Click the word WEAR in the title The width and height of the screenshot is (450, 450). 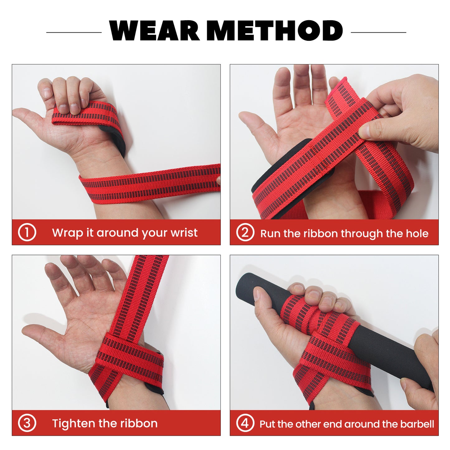154,31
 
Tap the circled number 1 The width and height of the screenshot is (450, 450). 27,232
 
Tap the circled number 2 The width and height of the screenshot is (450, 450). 245,232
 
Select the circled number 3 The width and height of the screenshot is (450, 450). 27,423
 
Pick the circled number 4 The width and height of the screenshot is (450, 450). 245,423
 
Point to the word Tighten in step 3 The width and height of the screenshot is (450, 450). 73,424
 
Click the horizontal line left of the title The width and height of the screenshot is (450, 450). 74,32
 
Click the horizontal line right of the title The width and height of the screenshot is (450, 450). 378,32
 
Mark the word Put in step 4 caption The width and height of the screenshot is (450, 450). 268,424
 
